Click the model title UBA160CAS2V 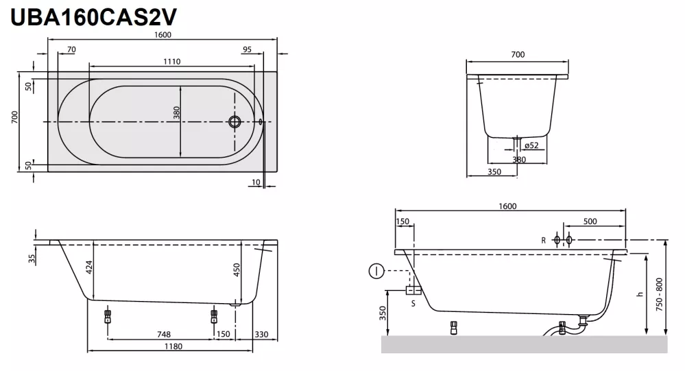tap(93, 17)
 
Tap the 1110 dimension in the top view tap(171, 62)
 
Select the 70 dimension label tap(71, 49)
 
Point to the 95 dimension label tap(248, 49)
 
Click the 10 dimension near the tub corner tap(256, 182)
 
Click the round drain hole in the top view tap(235, 121)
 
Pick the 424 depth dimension tap(89, 267)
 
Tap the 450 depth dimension tap(237, 270)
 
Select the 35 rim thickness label tap(32, 259)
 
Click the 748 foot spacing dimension tap(164, 334)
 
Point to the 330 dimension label tap(261, 334)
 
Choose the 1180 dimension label tap(173, 346)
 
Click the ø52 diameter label tap(531, 145)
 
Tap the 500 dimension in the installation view tap(590, 222)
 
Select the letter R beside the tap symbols tap(544, 240)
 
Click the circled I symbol tap(376, 271)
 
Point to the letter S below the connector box tap(413, 303)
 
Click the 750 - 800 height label tap(659, 294)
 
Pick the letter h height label tap(640, 294)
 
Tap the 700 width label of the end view tap(518, 55)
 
